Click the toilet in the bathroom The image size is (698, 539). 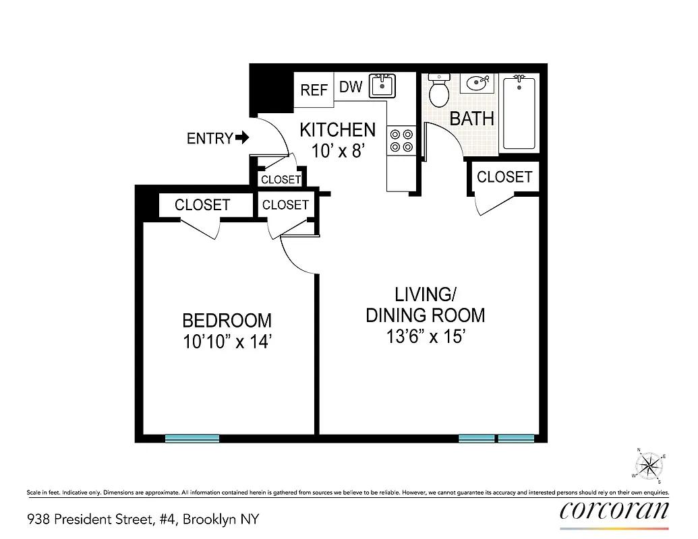[x=440, y=92]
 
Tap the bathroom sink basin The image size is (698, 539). [x=478, y=84]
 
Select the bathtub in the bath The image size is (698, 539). [x=520, y=113]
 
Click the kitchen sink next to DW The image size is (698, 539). [x=382, y=87]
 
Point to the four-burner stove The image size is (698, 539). [x=401, y=140]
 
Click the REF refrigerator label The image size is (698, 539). [x=314, y=90]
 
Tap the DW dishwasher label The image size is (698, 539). [x=351, y=87]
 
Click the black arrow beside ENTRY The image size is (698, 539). [x=242, y=138]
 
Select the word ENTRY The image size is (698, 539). [x=209, y=139]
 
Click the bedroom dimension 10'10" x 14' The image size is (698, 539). [x=227, y=342]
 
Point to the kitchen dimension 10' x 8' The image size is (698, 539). [x=338, y=150]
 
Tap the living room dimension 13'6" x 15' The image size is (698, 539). [x=426, y=336]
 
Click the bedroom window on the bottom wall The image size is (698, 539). [x=192, y=438]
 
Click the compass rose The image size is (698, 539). [x=649, y=464]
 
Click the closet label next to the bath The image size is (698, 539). [x=504, y=177]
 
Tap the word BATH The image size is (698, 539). [x=471, y=119]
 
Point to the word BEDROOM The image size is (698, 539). [x=227, y=320]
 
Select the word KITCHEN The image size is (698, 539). [x=337, y=129]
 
